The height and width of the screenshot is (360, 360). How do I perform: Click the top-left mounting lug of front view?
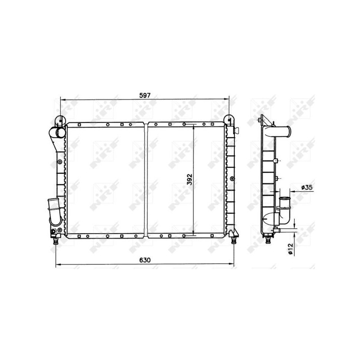pyautogui.click(x=60, y=120)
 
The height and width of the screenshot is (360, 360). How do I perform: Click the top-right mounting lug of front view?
pyautogui.click(x=229, y=120)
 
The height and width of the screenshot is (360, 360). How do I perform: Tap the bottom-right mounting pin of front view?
pyautogui.click(x=234, y=240)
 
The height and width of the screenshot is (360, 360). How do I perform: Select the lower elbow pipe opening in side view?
pyautogui.click(x=285, y=198)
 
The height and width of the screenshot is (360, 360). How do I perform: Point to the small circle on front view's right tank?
pyautogui.click(x=232, y=179)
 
